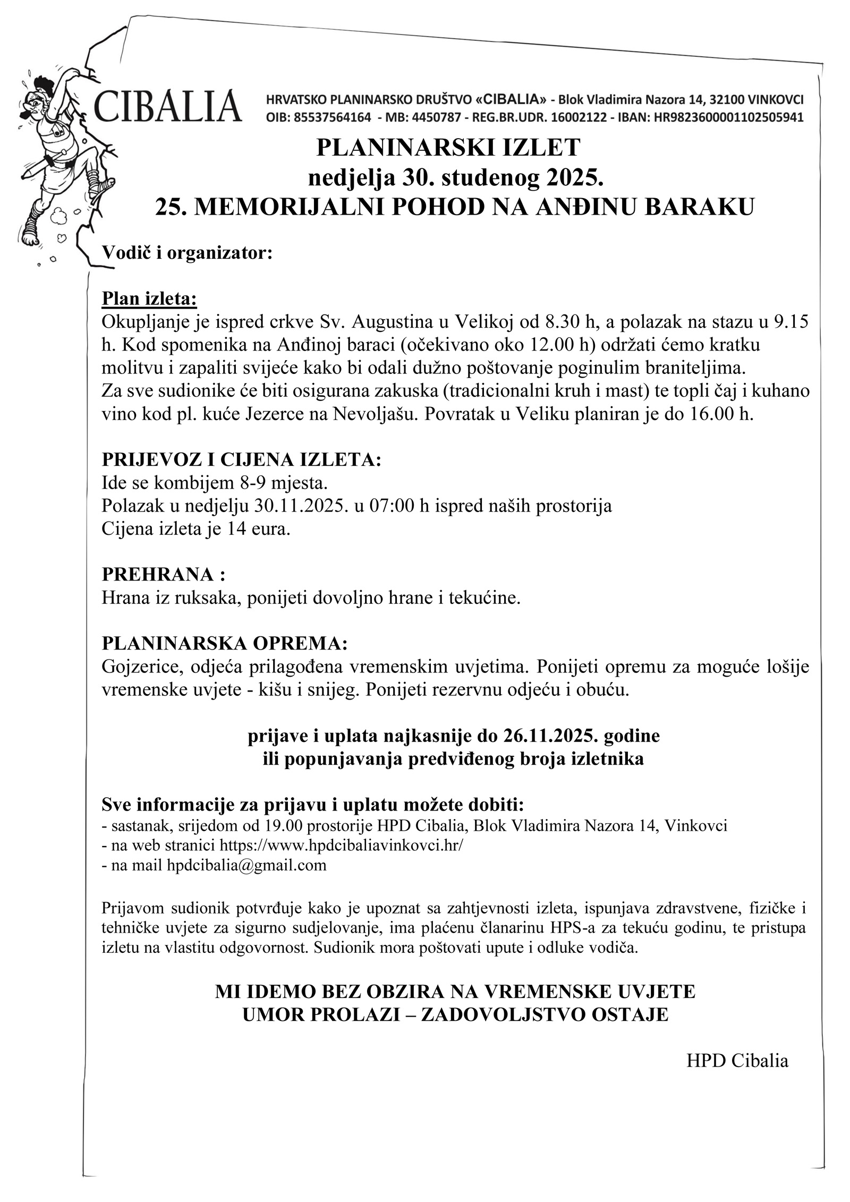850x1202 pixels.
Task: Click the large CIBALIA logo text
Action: click(x=168, y=106)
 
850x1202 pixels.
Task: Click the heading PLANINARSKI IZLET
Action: click(x=448, y=148)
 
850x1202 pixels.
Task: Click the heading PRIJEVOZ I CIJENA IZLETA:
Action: click(x=242, y=459)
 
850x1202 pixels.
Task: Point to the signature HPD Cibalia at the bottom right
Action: click(x=737, y=1061)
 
